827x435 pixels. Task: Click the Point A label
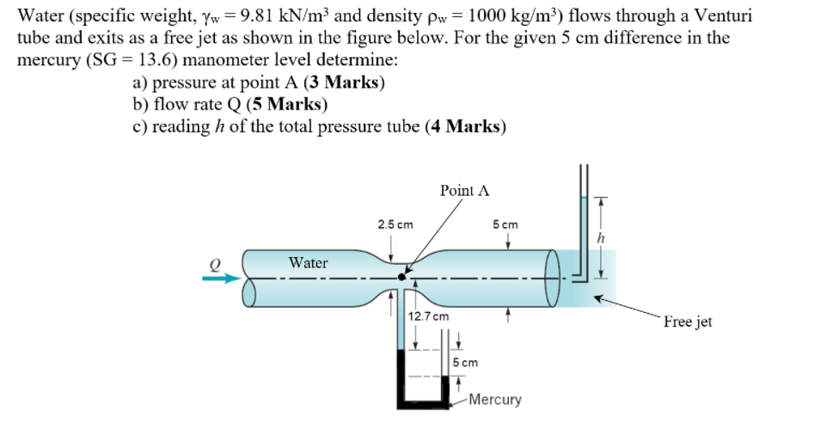coord(464,190)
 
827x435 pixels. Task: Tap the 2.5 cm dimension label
coord(395,224)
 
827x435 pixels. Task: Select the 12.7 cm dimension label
coord(428,316)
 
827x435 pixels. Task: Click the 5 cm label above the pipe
coord(505,224)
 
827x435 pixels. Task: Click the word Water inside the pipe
coord(308,262)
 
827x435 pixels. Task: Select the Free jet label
coord(688,322)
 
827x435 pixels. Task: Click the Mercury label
coord(495,400)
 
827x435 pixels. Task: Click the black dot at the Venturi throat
coord(401,277)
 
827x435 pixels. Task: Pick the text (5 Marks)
coord(285,105)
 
